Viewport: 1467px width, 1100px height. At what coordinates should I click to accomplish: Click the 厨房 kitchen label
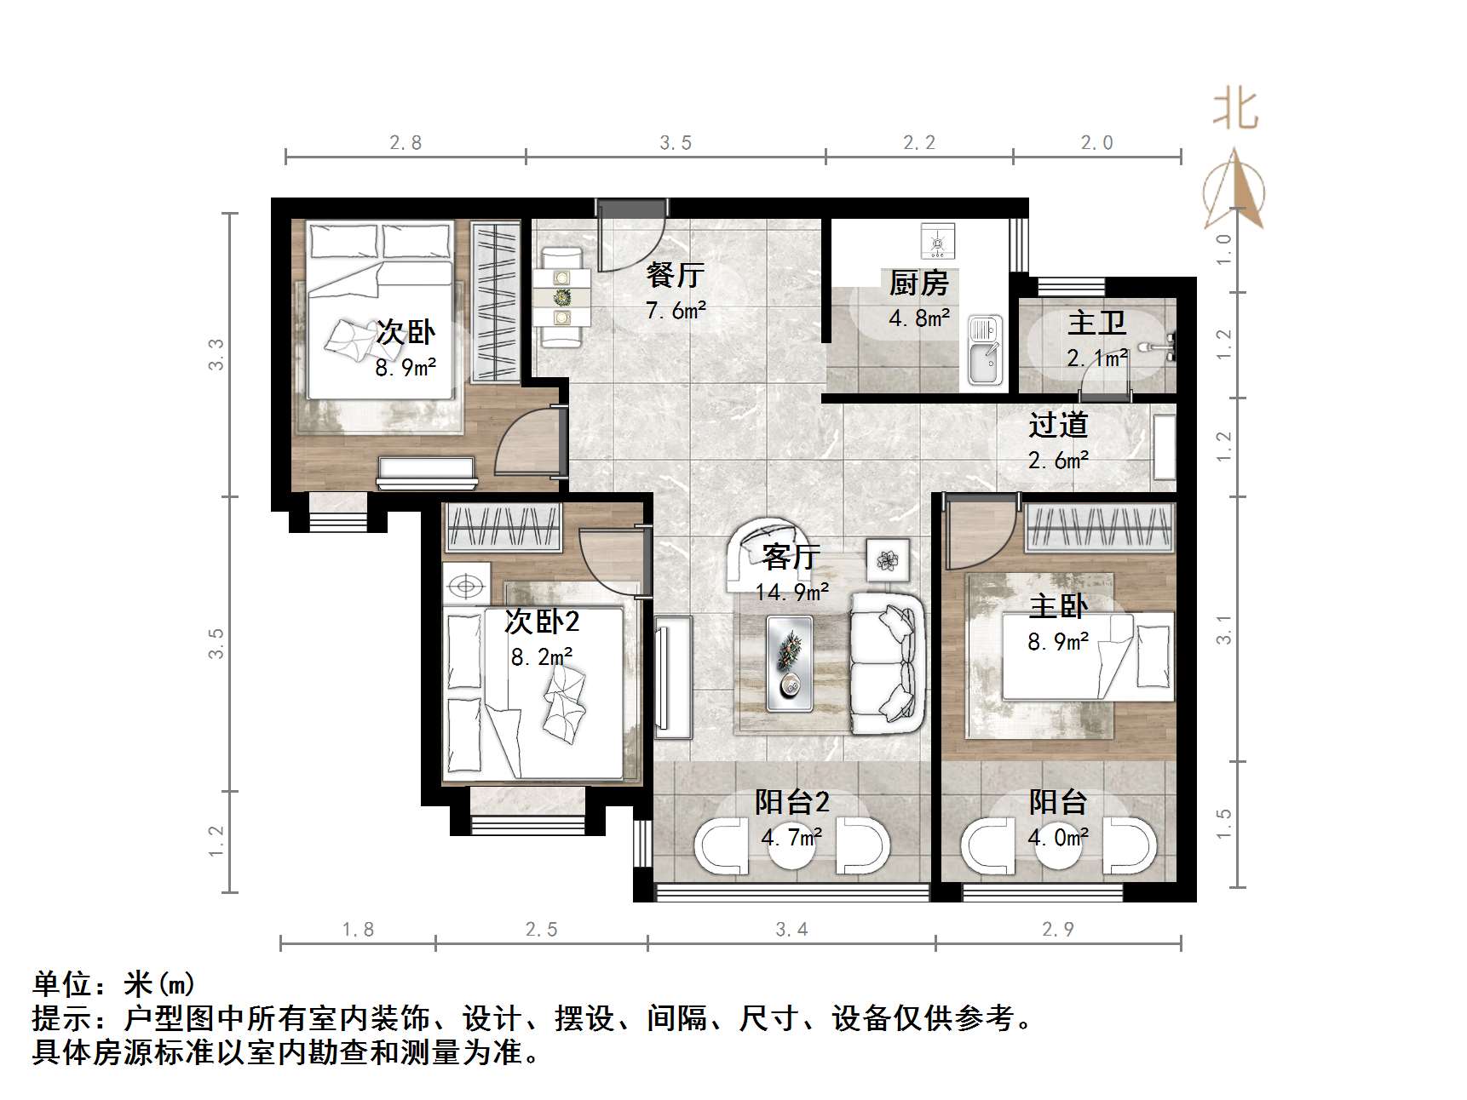(x=918, y=283)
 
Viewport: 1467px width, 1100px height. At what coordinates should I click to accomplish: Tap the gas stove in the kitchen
(x=937, y=241)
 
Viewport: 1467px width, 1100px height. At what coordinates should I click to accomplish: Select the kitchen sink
(x=985, y=352)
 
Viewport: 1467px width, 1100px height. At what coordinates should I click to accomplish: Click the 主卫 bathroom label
(x=1096, y=324)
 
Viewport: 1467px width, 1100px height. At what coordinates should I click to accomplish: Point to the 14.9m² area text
(x=791, y=592)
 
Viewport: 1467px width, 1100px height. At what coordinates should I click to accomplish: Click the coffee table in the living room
(x=789, y=663)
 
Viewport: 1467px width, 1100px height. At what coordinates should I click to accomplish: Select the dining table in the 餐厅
(x=561, y=297)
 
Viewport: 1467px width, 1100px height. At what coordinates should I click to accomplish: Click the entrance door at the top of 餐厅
(x=630, y=234)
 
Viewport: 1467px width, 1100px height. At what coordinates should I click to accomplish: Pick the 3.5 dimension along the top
(x=676, y=143)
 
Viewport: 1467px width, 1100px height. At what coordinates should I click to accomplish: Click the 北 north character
(x=1235, y=111)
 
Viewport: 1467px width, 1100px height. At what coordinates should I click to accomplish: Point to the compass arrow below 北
(x=1234, y=191)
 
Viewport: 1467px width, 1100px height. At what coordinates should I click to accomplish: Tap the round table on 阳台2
(x=791, y=845)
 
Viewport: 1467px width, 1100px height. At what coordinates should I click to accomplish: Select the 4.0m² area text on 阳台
(x=1057, y=838)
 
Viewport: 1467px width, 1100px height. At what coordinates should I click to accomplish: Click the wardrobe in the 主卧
(x=1099, y=526)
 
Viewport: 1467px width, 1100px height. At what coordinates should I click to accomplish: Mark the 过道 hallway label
(x=1057, y=425)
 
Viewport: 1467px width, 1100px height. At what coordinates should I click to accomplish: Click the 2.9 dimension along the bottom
(x=1057, y=929)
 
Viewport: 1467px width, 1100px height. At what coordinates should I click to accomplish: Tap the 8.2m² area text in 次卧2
(x=541, y=657)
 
